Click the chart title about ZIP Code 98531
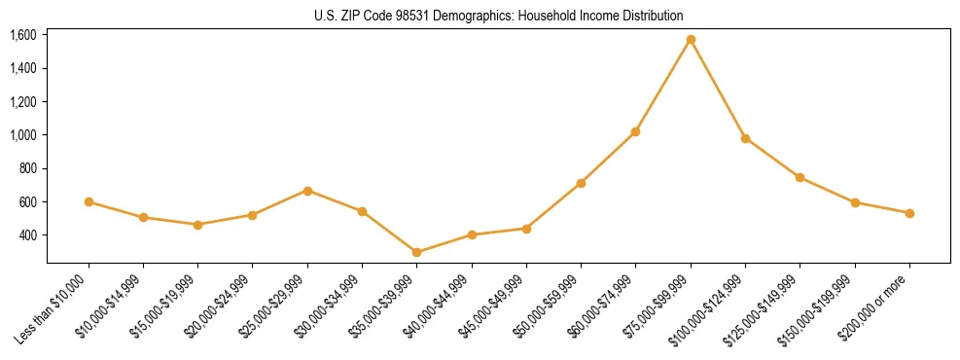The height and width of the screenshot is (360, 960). (498, 16)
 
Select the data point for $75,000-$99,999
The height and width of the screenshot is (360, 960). (691, 40)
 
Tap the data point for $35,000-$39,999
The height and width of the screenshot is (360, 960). (416, 252)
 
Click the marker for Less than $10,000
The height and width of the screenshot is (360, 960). (89, 201)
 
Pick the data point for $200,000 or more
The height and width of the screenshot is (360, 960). (909, 213)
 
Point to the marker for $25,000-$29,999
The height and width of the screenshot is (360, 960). (307, 191)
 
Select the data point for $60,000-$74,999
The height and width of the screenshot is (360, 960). (635, 131)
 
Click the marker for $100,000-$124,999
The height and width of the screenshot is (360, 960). (745, 138)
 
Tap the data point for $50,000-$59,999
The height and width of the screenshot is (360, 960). (581, 183)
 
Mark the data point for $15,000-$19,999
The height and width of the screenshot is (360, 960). (197, 225)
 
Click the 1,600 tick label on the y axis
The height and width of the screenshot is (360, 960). (22, 35)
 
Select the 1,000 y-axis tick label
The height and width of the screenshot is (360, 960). (22, 135)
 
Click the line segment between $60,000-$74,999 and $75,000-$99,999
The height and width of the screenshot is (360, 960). (663, 86)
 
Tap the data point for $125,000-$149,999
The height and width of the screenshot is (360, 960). (800, 177)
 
